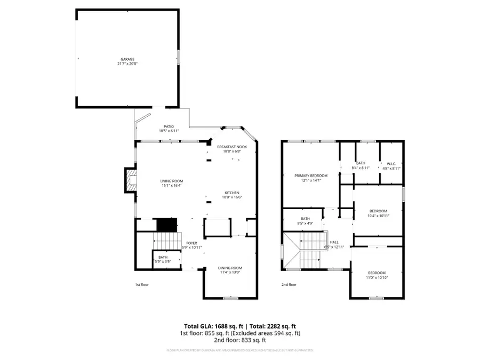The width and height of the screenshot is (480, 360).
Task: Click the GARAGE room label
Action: coord(127,59)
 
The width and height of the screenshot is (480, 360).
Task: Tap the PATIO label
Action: coord(169,126)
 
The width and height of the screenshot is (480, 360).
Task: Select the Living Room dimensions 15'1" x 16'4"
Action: coord(172,185)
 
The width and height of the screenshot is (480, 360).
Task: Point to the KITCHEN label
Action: coord(231,193)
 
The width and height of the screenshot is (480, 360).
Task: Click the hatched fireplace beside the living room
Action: coord(130,180)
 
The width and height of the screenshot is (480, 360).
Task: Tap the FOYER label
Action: coord(191,243)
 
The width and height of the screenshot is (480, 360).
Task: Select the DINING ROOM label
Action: coord(230,268)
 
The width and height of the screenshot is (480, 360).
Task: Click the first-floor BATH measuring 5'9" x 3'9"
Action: coord(162,257)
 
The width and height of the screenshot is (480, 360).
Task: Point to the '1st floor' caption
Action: coord(141,285)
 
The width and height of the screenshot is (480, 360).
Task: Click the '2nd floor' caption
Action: coord(289,285)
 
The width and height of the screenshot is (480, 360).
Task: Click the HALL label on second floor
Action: coord(334,242)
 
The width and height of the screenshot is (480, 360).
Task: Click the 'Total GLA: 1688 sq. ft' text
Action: coord(211,326)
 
